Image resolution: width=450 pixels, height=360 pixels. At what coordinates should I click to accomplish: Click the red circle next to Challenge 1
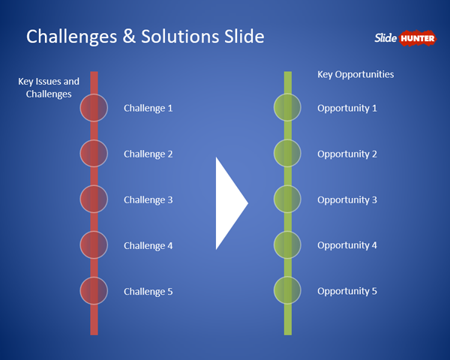tap(94, 108)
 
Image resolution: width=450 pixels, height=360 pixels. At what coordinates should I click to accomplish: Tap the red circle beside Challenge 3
tap(94, 199)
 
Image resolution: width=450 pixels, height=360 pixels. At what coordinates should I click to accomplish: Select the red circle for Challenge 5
tap(94, 291)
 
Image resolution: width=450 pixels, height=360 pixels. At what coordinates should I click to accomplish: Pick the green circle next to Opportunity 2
tap(287, 154)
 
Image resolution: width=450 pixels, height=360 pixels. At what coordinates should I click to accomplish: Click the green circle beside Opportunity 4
tap(287, 245)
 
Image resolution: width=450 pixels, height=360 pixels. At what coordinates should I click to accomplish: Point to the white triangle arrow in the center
tap(229, 203)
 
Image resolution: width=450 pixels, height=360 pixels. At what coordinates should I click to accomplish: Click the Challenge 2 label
tap(148, 154)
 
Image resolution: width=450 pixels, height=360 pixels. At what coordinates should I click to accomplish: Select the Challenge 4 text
tap(148, 245)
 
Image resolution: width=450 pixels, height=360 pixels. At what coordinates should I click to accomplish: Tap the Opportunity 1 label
tap(347, 108)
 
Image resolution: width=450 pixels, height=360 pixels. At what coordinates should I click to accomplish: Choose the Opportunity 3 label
tap(347, 199)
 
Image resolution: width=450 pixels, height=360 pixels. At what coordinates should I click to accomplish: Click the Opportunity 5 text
tap(347, 291)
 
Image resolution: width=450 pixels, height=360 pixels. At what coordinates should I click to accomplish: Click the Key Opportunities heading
tap(355, 74)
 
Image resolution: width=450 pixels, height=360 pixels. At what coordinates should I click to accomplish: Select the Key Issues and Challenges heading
tap(49, 88)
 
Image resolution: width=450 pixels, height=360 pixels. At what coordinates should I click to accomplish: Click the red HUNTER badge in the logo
tap(418, 37)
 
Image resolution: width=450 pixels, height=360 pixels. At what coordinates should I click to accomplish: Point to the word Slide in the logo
tap(385, 37)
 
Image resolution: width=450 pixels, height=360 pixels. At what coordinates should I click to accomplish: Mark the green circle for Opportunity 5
tap(287, 291)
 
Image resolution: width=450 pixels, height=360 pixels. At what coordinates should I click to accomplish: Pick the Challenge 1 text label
tap(148, 108)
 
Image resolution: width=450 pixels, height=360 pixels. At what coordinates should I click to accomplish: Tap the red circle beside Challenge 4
tap(94, 245)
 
